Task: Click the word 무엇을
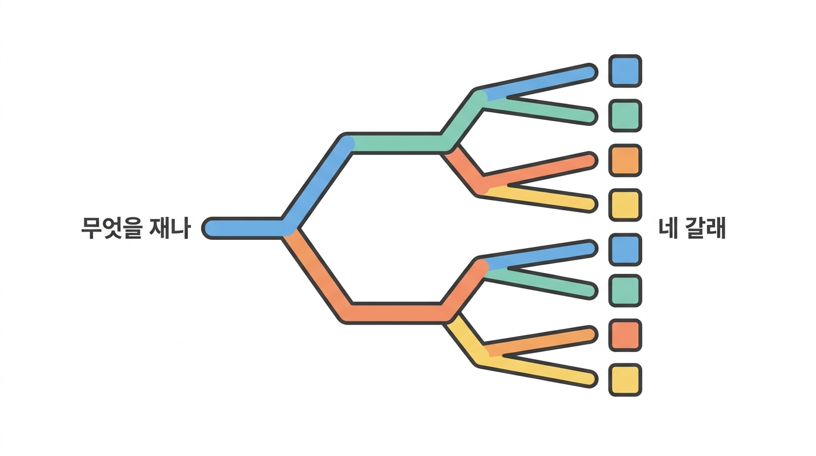point(111,228)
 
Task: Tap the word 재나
point(170,228)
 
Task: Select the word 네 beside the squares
point(668,228)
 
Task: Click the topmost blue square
point(625,71)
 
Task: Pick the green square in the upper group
point(625,116)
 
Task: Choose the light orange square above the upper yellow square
point(625,160)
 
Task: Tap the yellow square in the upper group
point(625,205)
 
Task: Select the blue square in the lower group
point(625,250)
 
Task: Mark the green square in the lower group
point(625,291)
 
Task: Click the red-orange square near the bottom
point(625,335)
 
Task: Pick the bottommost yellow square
point(625,380)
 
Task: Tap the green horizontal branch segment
point(397,143)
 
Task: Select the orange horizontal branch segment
point(397,313)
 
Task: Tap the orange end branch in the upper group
point(539,171)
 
